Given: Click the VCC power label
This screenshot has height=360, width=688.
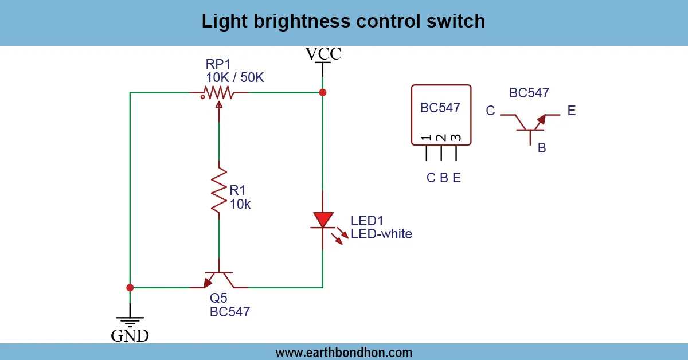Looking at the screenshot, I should pyautogui.click(x=323, y=54).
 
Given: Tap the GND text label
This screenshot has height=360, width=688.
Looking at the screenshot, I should pyautogui.click(x=130, y=335).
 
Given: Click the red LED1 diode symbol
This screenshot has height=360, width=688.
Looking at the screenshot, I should pyautogui.click(x=323, y=220).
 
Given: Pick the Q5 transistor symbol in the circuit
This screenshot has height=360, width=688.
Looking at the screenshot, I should pyautogui.click(x=219, y=280).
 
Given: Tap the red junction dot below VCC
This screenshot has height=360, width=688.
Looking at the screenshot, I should pyautogui.click(x=323, y=92).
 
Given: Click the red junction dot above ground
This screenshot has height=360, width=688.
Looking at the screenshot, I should pyautogui.click(x=130, y=287).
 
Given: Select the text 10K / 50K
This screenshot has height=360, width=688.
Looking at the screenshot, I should pyautogui.click(x=234, y=77).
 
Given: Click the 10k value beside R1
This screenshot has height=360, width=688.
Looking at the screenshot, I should pyautogui.click(x=240, y=204).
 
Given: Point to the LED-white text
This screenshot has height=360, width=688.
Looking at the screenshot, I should pyautogui.click(x=381, y=234).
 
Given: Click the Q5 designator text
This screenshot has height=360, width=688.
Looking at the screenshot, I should pyautogui.click(x=218, y=299).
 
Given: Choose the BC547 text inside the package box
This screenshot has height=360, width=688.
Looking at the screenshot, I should pyautogui.click(x=440, y=108).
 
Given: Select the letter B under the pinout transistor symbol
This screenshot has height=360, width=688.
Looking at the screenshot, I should pyautogui.click(x=541, y=148).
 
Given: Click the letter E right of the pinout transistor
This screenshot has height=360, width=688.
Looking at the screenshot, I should pyautogui.click(x=571, y=111).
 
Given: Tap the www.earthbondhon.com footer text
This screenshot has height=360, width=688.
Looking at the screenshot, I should pyautogui.click(x=343, y=353).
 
